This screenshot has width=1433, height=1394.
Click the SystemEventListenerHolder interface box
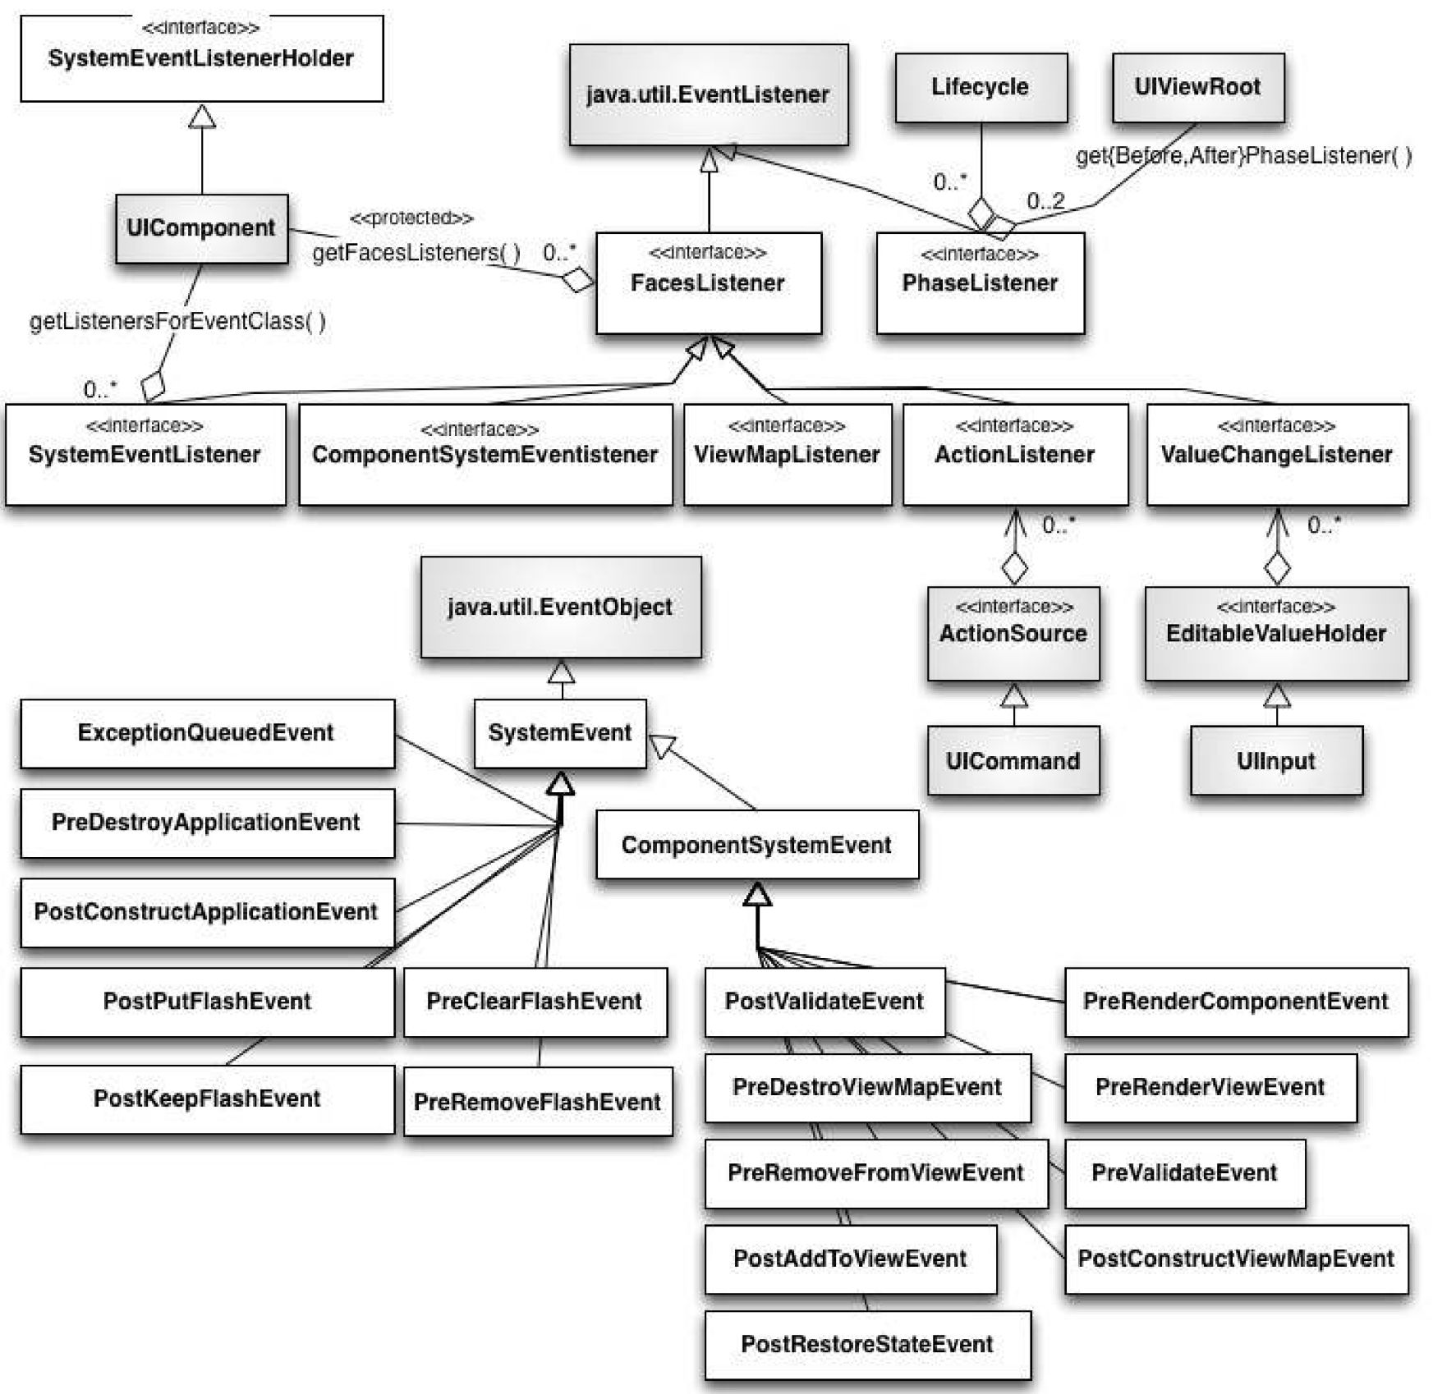pyautogui.click(x=201, y=58)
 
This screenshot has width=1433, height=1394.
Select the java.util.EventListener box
pyautogui.click(x=708, y=94)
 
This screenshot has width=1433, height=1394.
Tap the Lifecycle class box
pyautogui.click(x=981, y=87)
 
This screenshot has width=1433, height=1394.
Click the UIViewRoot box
pyautogui.click(x=1197, y=87)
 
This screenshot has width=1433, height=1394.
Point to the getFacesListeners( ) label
pyautogui.click(x=416, y=253)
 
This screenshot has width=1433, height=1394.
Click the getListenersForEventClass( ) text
pyautogui.click(x=177, y=321)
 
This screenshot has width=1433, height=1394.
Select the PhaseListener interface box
pyautogui.click(x=980, y=282)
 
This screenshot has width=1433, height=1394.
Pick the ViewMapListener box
pyautogui.click(x=787, y=454)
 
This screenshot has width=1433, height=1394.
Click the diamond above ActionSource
pyautogui.click(x=1014, y=567)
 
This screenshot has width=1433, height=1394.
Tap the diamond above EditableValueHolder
pyautogui.click(x=1276, y=567)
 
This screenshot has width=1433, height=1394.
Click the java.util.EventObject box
pyautogui.click(x=560, y=607)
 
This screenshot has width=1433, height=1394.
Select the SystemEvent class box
pyautogui.click(x=560, y=733)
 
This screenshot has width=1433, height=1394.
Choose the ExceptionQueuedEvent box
pyautogui.click(x=206, y=733)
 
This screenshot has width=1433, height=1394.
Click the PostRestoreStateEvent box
pyautogui.click(x=867, y=1344)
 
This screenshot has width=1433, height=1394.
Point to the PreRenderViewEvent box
pyautogui.click(x=1210, y=1087)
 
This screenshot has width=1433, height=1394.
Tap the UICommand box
pyautogui.click(x=1013, y=761)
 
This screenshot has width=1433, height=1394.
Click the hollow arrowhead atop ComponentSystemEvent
pyautogui.click(x=756, y=895)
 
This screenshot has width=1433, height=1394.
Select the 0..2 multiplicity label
pyautogui.click(x=1045, y=200)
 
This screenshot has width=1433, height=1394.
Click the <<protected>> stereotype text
pyautogui.click(x=411, y=218)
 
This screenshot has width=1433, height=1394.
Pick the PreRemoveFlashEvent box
pyautogui.click(x=537, y=1102)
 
